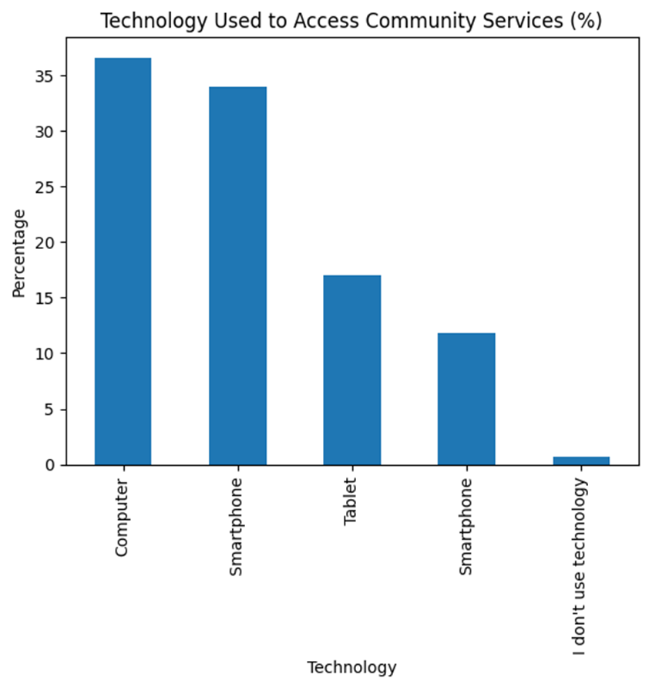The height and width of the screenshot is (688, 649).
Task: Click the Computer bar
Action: pyautogui.click(x=123, y=261)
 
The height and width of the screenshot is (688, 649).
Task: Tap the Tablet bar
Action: pyautogui.click(x=351, y=370)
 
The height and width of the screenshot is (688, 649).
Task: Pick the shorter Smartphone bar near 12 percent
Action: pyautogui.click(x=466, y=399)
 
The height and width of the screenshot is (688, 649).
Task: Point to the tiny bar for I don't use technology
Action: pyautogui.click(x=580, y=460)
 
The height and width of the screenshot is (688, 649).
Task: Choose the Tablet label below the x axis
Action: pyautogui.click(x=351, y=506)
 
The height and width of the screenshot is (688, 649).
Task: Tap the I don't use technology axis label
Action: pyautogui.click(x=580, y=568)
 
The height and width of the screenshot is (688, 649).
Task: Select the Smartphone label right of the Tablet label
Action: pyautogui.click(x=466, y=527)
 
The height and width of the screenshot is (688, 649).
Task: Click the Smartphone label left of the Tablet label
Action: pyautogui.click(x=237, y=527)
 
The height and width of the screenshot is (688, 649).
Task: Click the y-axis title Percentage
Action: pyautogui.click(x=19, y=252)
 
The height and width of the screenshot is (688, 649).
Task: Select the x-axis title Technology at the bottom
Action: pyautogui.click(x=351, y=667)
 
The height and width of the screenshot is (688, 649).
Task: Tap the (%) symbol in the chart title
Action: pyautogui.click(x=584, y=22)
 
